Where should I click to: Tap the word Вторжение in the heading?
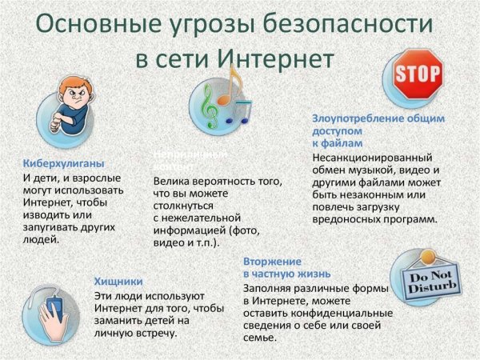[x=273, y=262]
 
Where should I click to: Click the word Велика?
[x=171, y=182]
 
